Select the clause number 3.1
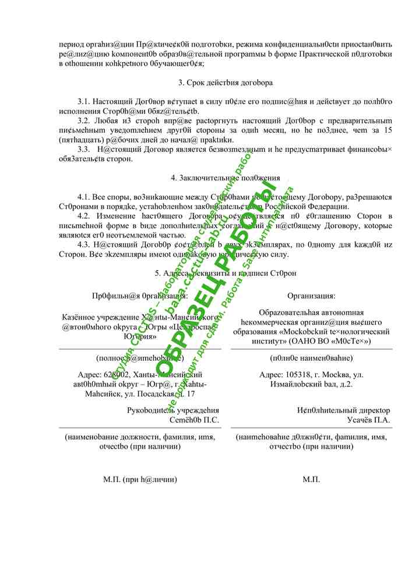point(85,102)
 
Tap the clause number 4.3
point(85,244)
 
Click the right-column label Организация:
point(311,296)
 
